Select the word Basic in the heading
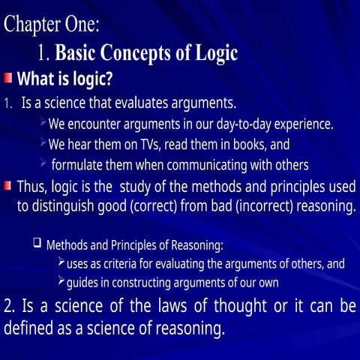tap(77, 53)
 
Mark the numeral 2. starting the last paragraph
tap(10, 307)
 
